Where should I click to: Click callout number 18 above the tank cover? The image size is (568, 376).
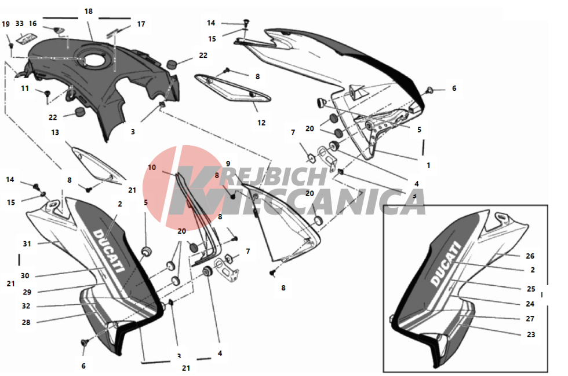[x=88, y=12]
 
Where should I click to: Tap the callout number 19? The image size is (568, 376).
[x=6, y=24]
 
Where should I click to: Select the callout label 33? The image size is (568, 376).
[x=20, y=24]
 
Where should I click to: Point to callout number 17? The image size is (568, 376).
[x=141, y=24]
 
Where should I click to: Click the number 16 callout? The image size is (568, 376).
[x=33, y=24]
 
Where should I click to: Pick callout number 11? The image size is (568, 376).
[x=24, y=88]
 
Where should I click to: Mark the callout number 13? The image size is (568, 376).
[x=55, y=132]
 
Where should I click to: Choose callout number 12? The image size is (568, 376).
[x=261, y=123]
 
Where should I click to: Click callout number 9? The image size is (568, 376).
[x=228, y=164]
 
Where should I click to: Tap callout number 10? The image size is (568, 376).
[x=152, y=167]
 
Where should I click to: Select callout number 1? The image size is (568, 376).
[x=428, y=165]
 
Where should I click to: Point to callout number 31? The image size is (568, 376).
[x=27, y=244]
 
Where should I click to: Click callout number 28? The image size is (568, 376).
[x=26, y=323]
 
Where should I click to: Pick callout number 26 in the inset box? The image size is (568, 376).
[x=530, y=256]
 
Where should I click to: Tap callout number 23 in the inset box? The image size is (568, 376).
[x=531, y=335]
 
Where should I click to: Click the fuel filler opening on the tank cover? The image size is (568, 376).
[x=93, y=60]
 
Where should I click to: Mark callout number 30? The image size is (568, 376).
[x=24, y=276]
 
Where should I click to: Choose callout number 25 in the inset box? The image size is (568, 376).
[x=531, y=289]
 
